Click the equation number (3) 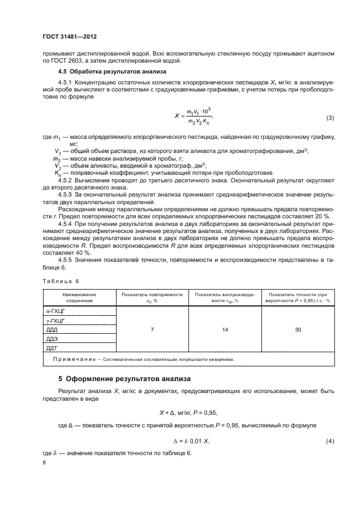coord(330,118)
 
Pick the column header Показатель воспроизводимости coord(224,297)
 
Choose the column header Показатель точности coord(300,297)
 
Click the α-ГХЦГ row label coord(56,311)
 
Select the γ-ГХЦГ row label coord(56,321)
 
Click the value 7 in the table coord(152,329)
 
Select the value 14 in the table coord(224,329)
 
